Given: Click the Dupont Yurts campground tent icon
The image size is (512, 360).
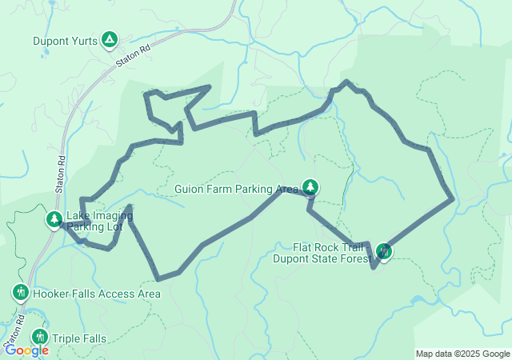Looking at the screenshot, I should click(x=110, y=39).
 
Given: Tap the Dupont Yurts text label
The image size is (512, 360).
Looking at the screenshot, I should click(x=66, y=40).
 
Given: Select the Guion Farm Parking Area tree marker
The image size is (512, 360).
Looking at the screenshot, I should click(x=310, y=188).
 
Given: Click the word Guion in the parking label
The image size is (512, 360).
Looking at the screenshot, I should click(x=189, y=190).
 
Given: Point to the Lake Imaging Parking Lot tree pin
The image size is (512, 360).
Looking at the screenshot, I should click(x=54, y=218).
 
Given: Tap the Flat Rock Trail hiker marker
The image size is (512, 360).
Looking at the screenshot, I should click(x=384, y=252).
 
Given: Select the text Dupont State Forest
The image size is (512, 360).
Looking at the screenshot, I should click(x=322, y=258).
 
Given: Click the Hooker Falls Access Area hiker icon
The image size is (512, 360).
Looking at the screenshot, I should click(x=21, y=293).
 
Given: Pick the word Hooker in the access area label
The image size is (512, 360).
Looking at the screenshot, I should click(x=51, y=294).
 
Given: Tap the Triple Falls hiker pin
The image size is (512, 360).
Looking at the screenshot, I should click(x=39, y=338).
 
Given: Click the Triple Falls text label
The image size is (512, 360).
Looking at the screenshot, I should click(x=78, y=338).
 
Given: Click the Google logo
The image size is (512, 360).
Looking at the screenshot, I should click(x=26, y=350).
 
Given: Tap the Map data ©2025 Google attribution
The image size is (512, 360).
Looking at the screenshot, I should click(x=462, y=354).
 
